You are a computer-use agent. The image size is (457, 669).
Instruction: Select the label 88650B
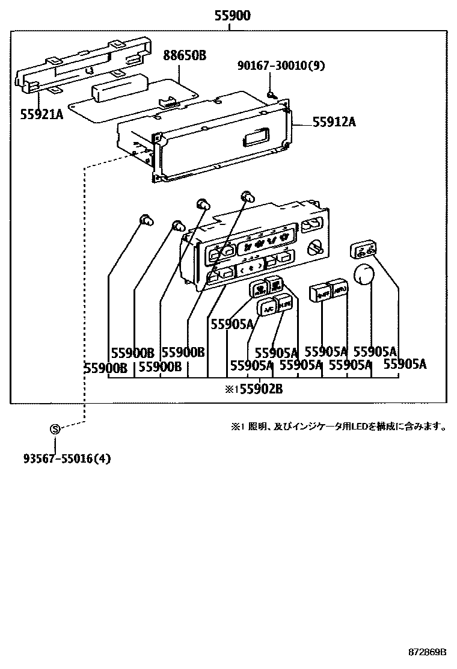[x=185, y=56]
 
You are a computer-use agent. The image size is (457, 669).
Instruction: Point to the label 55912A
[x=334, y=122]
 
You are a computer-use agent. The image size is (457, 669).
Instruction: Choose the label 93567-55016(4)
[x=67, y=458]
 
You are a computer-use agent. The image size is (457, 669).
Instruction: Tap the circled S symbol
[x=55, y=428]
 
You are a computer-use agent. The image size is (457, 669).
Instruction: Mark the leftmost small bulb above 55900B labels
[x=144, y=220]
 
